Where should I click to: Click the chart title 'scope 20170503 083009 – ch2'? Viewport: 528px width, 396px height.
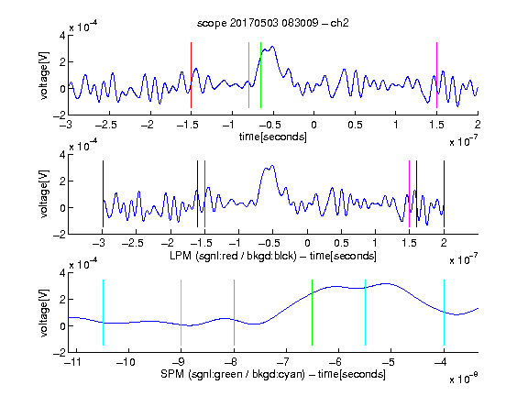pyautogui.click(x=273, y=23)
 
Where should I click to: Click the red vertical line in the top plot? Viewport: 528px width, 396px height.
pyautogui.click(x=191, y=75)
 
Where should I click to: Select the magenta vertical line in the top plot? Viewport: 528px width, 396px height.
pyautogui.click(x=436, y=75)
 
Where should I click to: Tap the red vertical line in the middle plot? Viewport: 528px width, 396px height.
pyautogui.click(x=204, y=194)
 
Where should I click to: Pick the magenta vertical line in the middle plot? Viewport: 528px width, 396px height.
pyautogui.click(x=409, y=194)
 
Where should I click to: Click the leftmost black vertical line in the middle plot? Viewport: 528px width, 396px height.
pyautogui.click(x=103, y=194)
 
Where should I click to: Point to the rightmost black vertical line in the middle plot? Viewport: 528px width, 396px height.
pyautogui.click(x=444, y=194)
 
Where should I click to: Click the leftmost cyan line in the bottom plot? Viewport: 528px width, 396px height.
pyautogui.click(x=103, y=313)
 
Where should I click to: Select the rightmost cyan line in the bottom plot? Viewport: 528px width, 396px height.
pyautogui.click(x=444, y=313)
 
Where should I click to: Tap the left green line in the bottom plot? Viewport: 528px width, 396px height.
pyautogui.click(x=234, y=313)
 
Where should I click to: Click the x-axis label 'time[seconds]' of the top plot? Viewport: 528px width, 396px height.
pyautogui.click(x=273, y=137)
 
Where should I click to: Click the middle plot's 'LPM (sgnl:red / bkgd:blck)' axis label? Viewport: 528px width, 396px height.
pyautogui.click(x=233, y=256)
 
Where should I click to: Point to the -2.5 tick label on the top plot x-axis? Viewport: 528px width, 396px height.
pyautogui.click(x=106, y=125)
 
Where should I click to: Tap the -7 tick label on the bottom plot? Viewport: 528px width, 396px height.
pyautogui.click(x=283, y=362)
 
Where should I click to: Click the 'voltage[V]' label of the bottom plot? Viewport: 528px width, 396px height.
pyautogui.click(x=44, y=313)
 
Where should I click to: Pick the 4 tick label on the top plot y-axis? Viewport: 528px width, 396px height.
pyautogui.click(x=62, y=36)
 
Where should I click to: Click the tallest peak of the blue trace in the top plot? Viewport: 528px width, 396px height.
pyautogui.click(x=272, y=47)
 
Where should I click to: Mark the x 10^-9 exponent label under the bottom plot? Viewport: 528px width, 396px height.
pyautogui.click(x=464, y=378)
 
